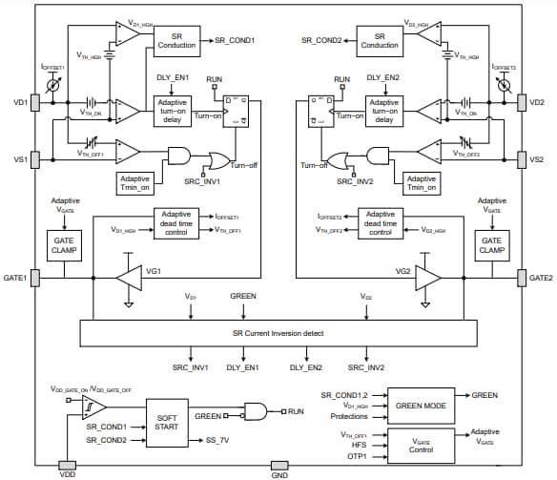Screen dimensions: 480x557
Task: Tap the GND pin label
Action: click(x=279, y=473)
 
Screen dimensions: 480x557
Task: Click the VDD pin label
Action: click(x=66, y=473)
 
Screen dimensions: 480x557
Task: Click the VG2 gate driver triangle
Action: click(x=426, y=277)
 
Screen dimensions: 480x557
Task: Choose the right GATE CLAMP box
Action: click(x=492, y=246)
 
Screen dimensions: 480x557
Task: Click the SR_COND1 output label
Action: click(x=235, y=40)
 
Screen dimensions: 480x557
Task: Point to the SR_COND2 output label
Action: click(x=320, y=40)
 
